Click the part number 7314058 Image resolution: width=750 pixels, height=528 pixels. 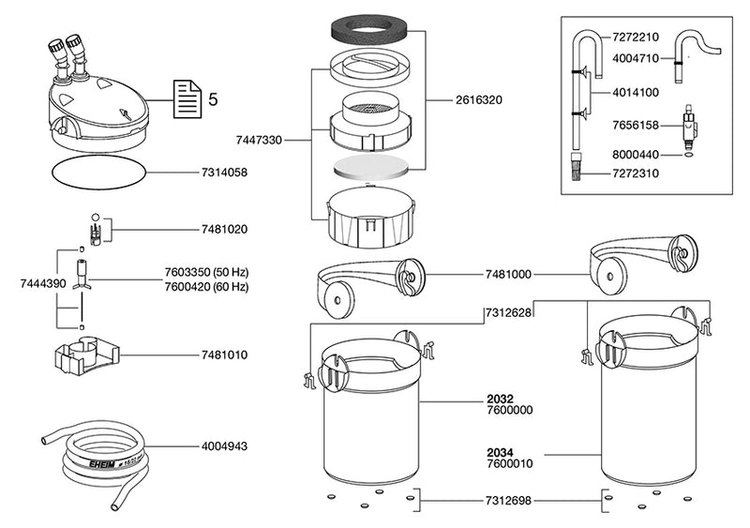pyautogui.click(x=224, y=173)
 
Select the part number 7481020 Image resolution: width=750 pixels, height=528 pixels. pyautogui.click(x=224, y=229)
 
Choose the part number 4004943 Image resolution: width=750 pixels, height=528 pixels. pyautogui.click(x=224, y=447)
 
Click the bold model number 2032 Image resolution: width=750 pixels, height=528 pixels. pyautogui.click(x=500, y=399)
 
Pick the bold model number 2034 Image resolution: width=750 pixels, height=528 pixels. pyautogui.click(x=500, y=451)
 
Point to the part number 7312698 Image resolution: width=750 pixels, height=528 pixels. pyautogui.click(x=507, y=502)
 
